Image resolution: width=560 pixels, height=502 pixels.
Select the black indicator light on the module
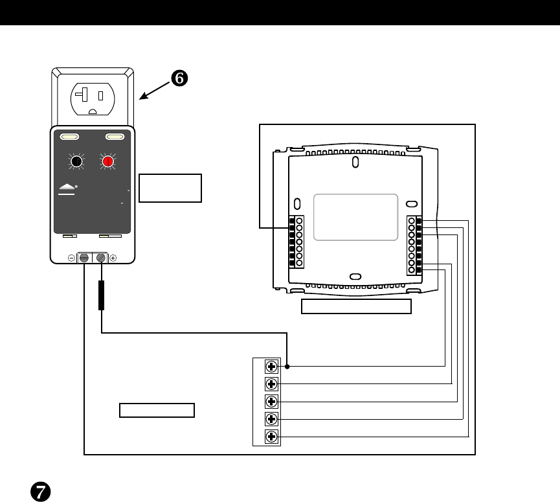[x=76, y=162]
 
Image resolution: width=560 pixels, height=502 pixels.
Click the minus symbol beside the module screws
[x=71, y=258]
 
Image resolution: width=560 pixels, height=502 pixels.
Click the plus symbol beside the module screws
[x=113, y=258]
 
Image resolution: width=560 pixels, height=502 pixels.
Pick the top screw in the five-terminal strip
[x=272, y=366]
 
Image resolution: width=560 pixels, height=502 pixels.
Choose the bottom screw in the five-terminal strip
[x=272, y=436]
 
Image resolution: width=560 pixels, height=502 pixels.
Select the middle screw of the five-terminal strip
[x=272, y=401]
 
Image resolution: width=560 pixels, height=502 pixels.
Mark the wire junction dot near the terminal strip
[x=287, y=366]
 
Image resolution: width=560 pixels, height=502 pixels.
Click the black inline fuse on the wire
[x=101, y=295]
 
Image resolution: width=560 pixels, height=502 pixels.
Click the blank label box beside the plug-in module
[x=170, y=188]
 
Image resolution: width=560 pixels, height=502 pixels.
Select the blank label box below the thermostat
[x=357, y=307]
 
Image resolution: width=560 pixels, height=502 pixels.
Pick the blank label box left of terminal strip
[x=157, y=410]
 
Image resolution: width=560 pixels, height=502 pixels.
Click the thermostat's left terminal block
[x=296, y=242]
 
